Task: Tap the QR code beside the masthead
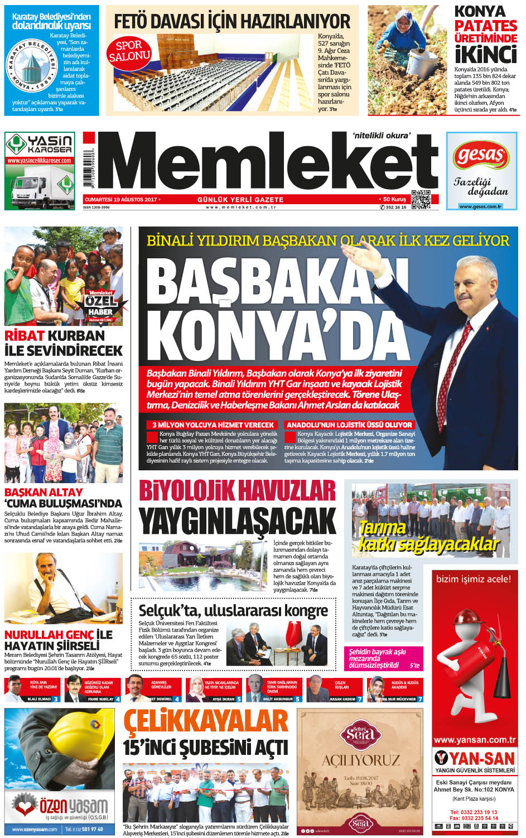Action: pyautogui.click(x=421, y=200)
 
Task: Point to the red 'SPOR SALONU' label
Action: pyautogui.click(x=129, y=51)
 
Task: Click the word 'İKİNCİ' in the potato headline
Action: pyautogui.click(x=485, y=55)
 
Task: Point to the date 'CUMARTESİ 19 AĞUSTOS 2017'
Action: pyautogui.click(x=120, y=199)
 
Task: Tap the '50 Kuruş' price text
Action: pyautogui.click(x=394, y=199)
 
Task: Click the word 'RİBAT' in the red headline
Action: pyautogui.click(x=24, y=336)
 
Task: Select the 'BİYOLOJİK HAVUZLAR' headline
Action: pyautogui.click(x=237, y=491)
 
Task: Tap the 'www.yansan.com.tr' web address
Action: pyautogui.click(x=474, y=740)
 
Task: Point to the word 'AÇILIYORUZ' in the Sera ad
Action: pyautogui.click(x=360, y=760)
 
